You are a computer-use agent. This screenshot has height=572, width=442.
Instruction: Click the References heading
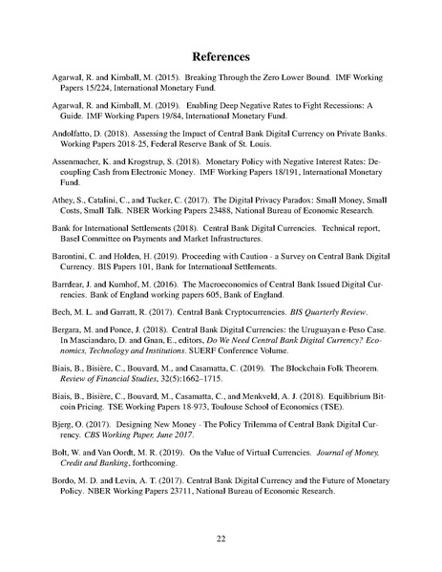[220, 55]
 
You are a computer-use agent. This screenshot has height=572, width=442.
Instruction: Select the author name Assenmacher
[92, 163]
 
